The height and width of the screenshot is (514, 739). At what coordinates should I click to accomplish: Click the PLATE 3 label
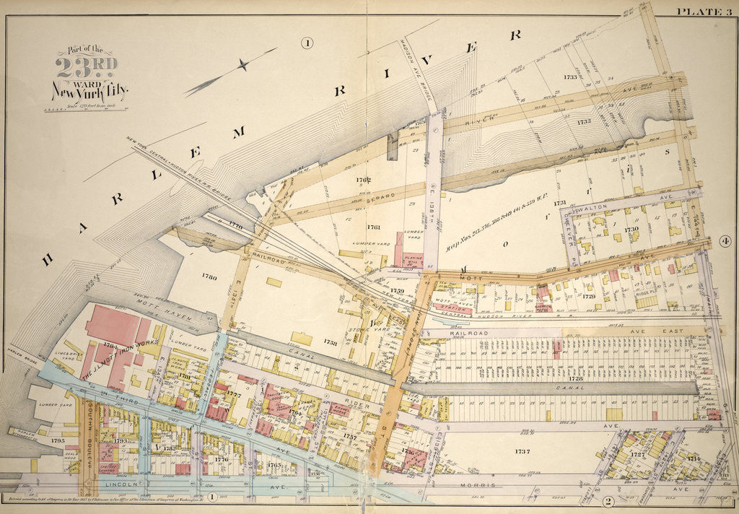(704, 9)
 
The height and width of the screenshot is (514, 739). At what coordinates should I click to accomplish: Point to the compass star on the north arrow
(244, 65)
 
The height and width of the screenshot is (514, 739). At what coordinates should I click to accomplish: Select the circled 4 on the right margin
(725, 241)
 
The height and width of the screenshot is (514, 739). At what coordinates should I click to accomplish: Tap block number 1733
(570, 77)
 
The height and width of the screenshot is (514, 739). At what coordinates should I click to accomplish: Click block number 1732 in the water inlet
(584, 122)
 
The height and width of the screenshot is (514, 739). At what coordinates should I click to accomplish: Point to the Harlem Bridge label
(20, 353)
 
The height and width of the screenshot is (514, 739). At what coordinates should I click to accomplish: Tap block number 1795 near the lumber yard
(58, 440)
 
